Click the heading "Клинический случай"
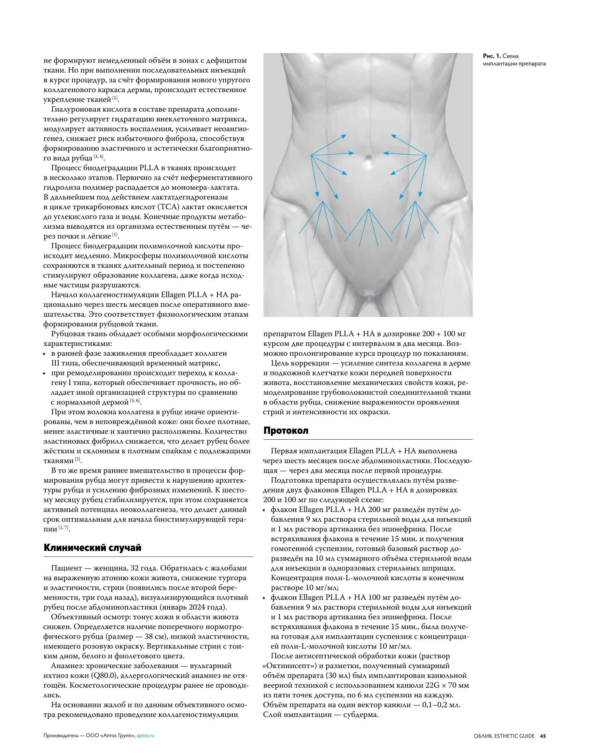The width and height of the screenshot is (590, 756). [x=92, y=548]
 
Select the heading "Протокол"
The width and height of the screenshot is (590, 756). [x=286, y=431]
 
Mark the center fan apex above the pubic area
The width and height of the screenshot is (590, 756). [x=369, y=209]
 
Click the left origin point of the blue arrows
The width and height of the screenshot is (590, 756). [x=311, y=156]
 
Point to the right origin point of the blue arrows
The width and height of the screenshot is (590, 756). [x=426, y=156]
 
